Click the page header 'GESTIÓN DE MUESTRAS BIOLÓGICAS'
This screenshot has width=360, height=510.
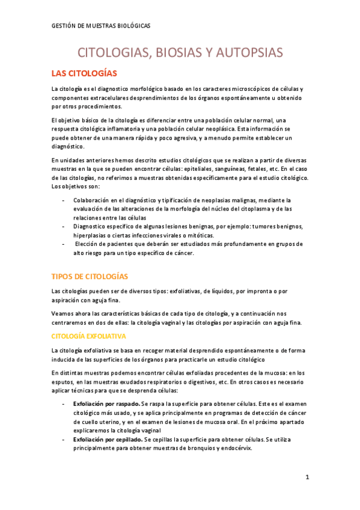click(x=101, y=26)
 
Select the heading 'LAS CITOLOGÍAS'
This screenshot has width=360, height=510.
click(x=84, y=73)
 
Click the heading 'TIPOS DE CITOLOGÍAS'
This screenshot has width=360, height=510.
click(x=90, y=276)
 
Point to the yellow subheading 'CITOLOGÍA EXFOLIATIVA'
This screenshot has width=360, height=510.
click(x=88, y=336)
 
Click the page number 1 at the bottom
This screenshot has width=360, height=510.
click(x=307, y=478)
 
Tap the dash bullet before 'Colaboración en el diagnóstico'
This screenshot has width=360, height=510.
click(x=64, y=200)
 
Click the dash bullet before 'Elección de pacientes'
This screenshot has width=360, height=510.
click(x=64, y=244)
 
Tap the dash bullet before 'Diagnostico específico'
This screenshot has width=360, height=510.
click(x=64, y=226)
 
